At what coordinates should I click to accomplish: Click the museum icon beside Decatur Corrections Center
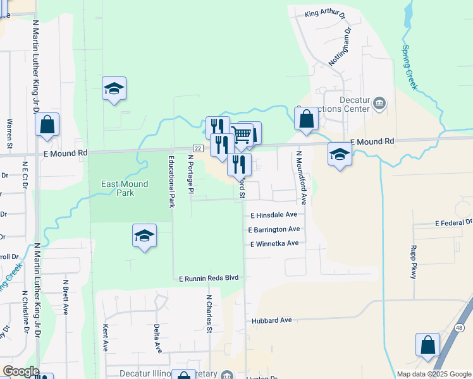pyautogui.click(x=379, y=103)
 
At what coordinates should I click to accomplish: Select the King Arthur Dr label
pyautogui.click(x=326, y=13)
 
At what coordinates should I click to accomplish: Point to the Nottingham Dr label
pyautogui.click(x=340, y=46)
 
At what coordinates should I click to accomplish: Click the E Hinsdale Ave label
pyautogui.click(x=273, y=215)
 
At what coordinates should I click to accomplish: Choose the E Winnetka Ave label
pyautogui.click(x=274, y=244)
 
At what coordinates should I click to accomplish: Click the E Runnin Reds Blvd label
pyautogui.click(x=209, y=278)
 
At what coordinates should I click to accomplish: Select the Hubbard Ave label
pyautogui.click(x=271, y=320)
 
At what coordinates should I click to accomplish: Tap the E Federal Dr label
pyautogui.click(x=453, y=223)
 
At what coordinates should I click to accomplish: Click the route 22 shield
pyautogui.click(x=198, y=148)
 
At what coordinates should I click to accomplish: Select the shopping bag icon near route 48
pyautogui.click(x=427, y=345)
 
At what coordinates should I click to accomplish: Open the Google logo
pyautogui.click(x=20, y=371)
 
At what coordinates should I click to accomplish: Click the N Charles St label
pyautogui.click(x=208, y=312)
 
